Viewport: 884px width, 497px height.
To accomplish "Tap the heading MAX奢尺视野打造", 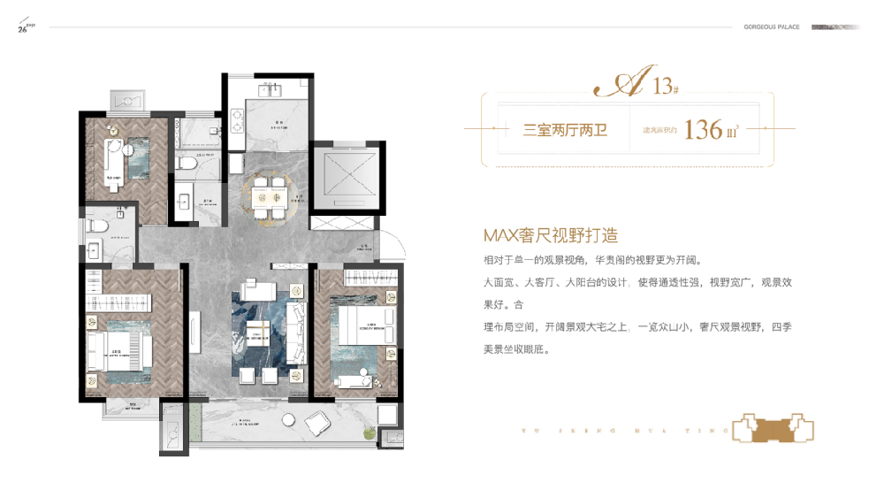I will click(x=549, y=236).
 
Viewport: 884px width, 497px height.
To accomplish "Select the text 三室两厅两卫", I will click(x=561, y=130).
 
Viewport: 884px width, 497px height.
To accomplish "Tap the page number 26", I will click(x=22, y=30).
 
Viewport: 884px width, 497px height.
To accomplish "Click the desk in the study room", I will click(x=113, y=160).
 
